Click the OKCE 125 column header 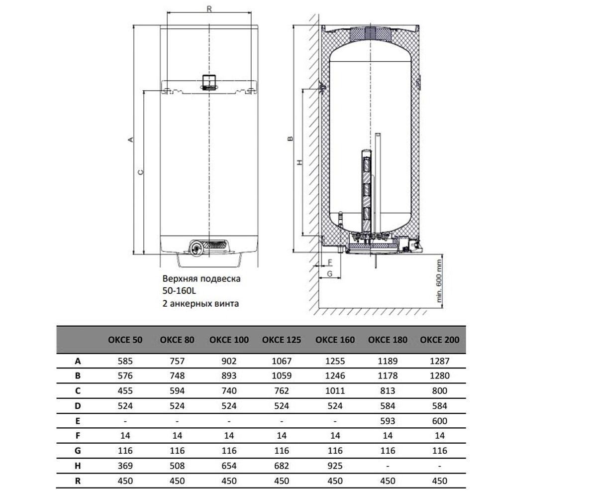pyautogui.click(x=282, y=340)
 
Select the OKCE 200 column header pyautogui.click(x=439, y=340)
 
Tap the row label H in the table pyautogui.click(x=78, y=466)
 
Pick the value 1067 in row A pyautogui.click(x=282, y=361)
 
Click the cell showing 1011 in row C pyautogui.click(x=335, y=390)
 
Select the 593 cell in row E pyautogui.click(x=388, y=421)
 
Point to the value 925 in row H pyautogui.click(x=335, y=466)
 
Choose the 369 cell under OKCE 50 pyautogui.click(x=125, y=466)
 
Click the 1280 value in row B pyautogui.click(x=440, y=375)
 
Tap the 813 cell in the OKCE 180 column pyautogui.click(x=388, y=390)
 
